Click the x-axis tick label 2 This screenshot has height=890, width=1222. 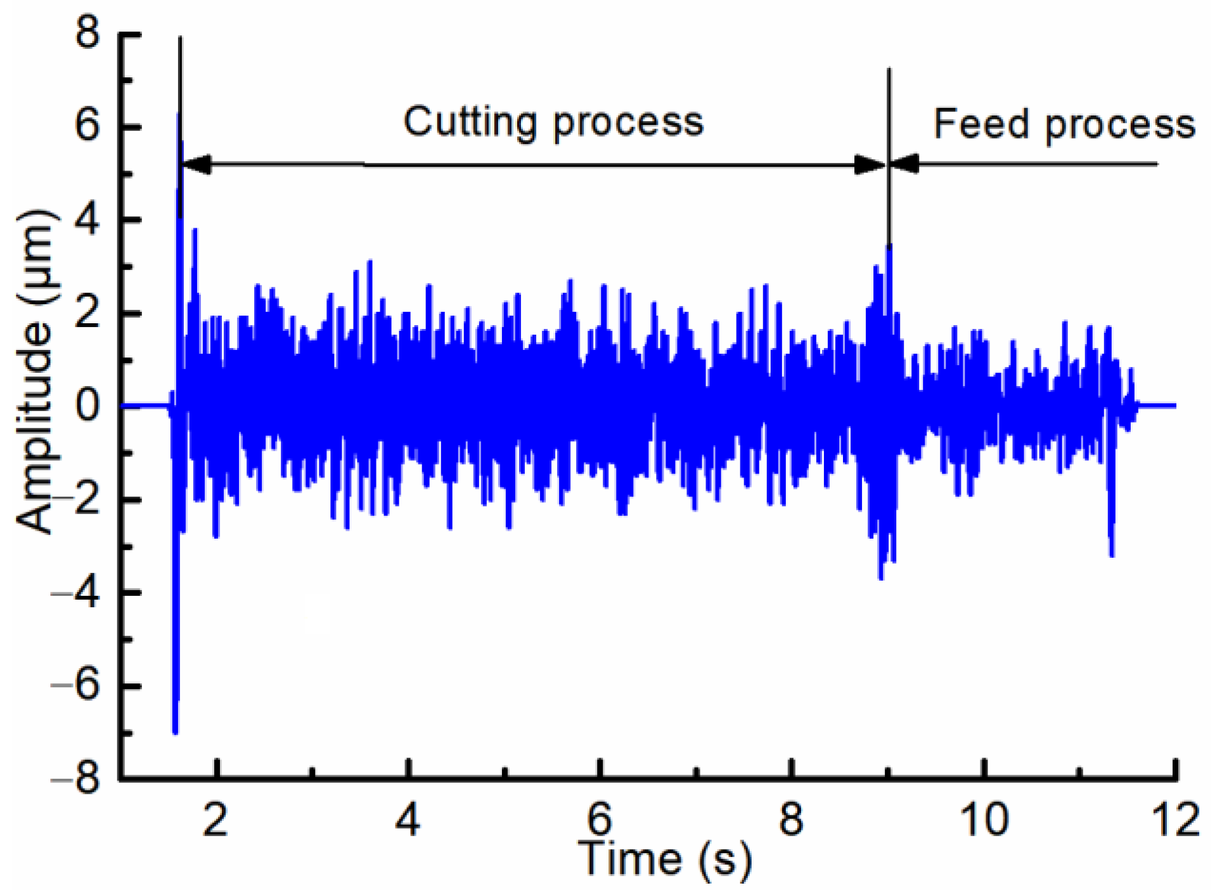tap(215, 819)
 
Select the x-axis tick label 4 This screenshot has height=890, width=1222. tap(408, 819)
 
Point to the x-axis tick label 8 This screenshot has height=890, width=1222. tap(791, 819)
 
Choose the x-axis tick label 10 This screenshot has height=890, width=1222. tap(984, 819)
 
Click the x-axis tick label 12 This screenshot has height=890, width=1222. tap(1176, 819)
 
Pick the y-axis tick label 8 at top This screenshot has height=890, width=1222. tap(88, 33)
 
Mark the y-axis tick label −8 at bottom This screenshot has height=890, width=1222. tap(76, 778)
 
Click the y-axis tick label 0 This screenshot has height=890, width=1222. tap(88, 406)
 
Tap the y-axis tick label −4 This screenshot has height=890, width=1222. tap(76, 593)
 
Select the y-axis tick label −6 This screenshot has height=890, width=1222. tap(76, 686)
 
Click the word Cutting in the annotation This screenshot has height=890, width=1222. tap(470, 122)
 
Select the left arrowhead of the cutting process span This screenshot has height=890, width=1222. tap(196, 165)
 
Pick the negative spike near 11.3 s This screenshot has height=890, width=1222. tap(1112, 551)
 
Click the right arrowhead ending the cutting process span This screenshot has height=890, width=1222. tap(870, 165)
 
